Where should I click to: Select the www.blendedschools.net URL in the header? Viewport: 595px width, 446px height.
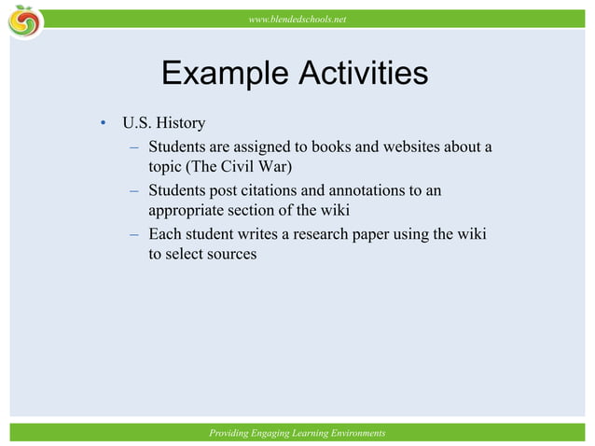click(x=297, y=19)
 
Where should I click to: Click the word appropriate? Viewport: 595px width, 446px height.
click(x=191, y=212)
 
